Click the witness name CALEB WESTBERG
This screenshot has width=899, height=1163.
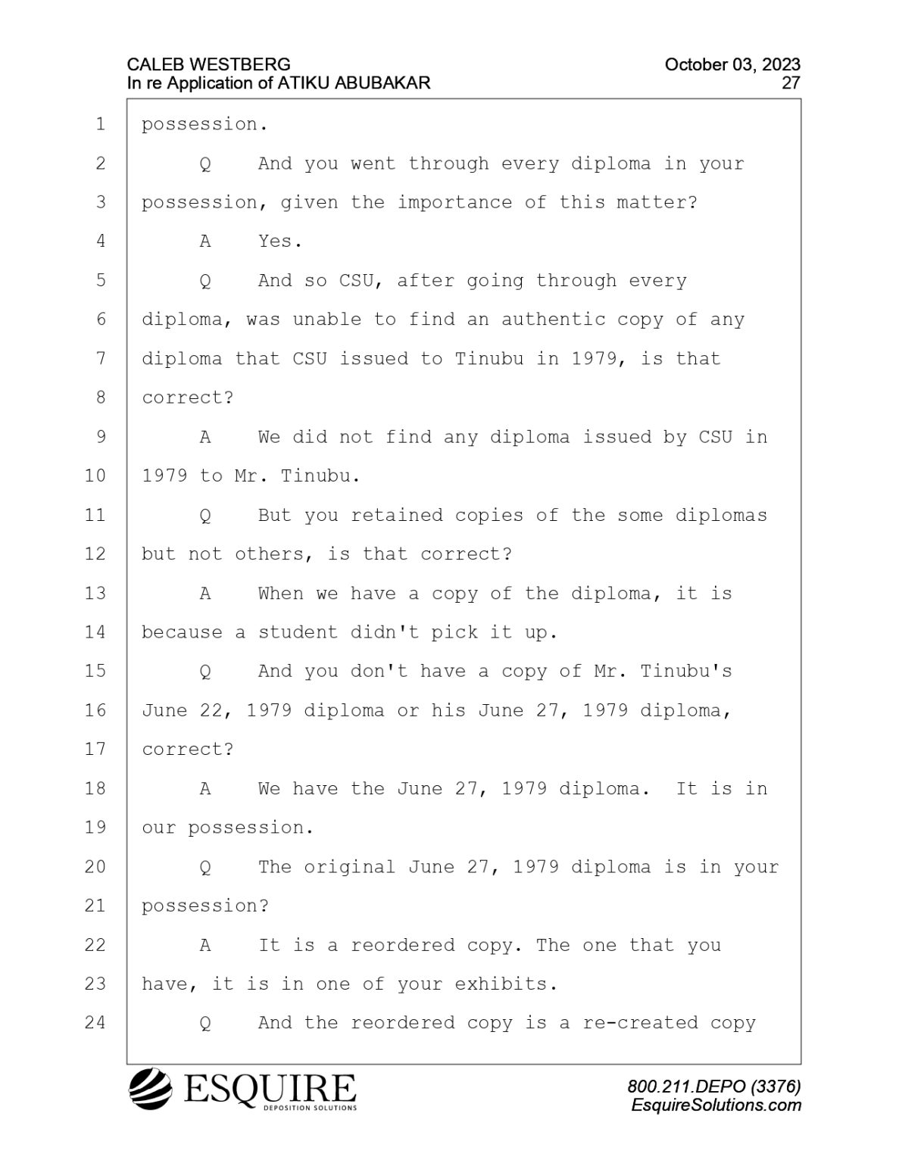[209, 65]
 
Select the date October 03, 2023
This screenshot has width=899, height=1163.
[732, 65]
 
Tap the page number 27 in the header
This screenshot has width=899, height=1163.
[791, 83]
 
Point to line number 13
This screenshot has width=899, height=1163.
[95, 593]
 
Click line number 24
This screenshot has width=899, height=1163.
[95, 1023]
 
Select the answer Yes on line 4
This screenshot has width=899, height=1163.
[280, 242]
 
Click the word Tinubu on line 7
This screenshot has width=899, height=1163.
[489, 359]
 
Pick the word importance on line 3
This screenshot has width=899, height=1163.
[454, 202]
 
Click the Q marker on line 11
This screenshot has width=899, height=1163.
[205, 516]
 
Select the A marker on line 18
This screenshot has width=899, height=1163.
[205, 788]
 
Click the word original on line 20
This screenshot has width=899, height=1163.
[349, 867]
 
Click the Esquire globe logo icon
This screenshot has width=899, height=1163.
[151, 1089]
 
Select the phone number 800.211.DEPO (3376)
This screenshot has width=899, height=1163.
[714, 1086]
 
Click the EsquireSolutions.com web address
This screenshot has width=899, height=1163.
[716, 1105]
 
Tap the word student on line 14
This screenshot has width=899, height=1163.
[298, 633]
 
